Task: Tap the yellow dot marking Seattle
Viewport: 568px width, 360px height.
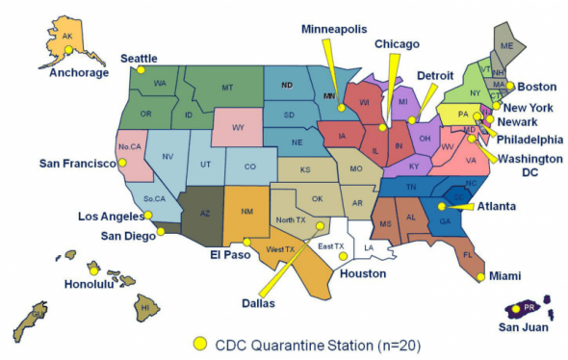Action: pyautogui.click(x=141, y=70)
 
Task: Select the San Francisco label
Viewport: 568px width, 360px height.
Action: pyautogui.click(x=74, y=163)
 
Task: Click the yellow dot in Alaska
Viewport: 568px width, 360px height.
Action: pyautogui.click(x=68, y=50)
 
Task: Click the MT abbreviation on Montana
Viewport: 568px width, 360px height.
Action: pyautogui.click(x=227, y=88)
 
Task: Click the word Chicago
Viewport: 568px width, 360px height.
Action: pyautogui.click(x=397, y=43)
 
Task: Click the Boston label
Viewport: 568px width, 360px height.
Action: pyautogui.click(x=537, y=86)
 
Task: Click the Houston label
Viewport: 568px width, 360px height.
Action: pyautogui.click(x=362, y=273)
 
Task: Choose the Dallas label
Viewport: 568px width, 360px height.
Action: pyautogui.click(x=258, y=303)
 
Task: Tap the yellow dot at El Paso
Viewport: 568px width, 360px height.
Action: pyautogui.click(x=246, y=242)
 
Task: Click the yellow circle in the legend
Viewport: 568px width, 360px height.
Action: pyautogui.click(x=200, y=343)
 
